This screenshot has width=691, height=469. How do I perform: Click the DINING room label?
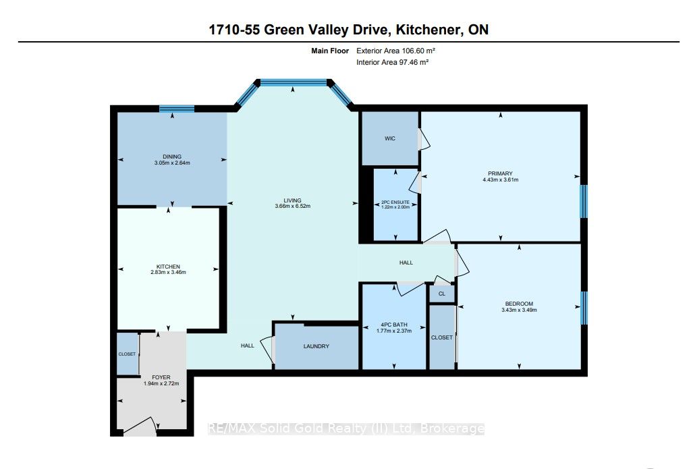click(172, 157)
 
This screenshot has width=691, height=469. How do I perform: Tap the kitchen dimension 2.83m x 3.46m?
click(168, 272)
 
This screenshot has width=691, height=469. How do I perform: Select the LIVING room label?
click(292, 200)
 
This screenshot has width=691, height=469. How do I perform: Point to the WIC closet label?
click(390, 138)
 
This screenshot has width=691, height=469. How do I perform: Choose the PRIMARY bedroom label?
click(501, 173)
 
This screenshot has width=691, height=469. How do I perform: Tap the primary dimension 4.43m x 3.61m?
click(501, 180)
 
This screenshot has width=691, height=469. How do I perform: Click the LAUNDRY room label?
click(316, 346)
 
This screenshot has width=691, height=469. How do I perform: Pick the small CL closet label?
click(442, 294)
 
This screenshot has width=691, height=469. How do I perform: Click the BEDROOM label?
click(519, 304)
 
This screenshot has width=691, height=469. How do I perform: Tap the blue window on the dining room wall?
click(177, 108)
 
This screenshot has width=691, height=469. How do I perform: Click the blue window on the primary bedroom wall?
click(584, 201)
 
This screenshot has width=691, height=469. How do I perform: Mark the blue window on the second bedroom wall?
click(584, 306)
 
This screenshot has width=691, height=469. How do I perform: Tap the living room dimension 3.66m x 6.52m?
click(292, 206)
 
